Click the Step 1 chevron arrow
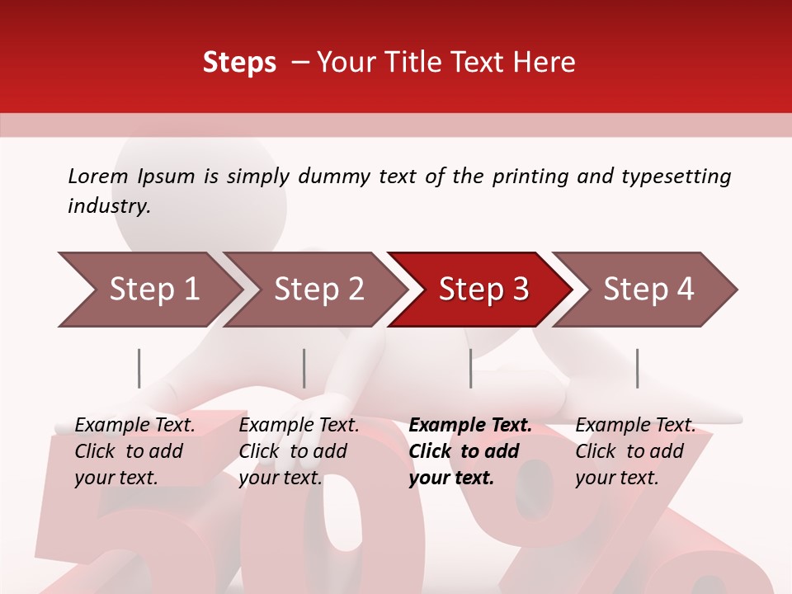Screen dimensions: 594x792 (x=153, y=290)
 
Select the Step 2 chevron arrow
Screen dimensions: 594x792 (x=318, y=290)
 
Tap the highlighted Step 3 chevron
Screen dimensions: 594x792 (x=483, y=290)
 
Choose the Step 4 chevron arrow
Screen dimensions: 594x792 (x=648, y=290)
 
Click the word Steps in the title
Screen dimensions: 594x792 (x=239, y=63)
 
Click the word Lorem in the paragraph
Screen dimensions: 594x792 (x=98, y=176)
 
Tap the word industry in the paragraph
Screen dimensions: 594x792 (x=108, y=206)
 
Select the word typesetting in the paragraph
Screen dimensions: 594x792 (x=676, y=176)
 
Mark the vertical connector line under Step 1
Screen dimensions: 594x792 (x=139, y=368)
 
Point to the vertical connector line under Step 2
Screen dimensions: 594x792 (x=304, y=368)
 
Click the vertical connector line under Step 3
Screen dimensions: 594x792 (x=471, y=368)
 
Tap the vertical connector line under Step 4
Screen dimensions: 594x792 (x=637, y=368)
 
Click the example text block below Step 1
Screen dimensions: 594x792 (x=134, y=451)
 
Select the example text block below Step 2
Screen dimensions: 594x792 (x=299, y=451)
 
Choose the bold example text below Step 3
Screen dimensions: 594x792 (x=470, y=451)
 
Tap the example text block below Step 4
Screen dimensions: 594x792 (x=635, y=451)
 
